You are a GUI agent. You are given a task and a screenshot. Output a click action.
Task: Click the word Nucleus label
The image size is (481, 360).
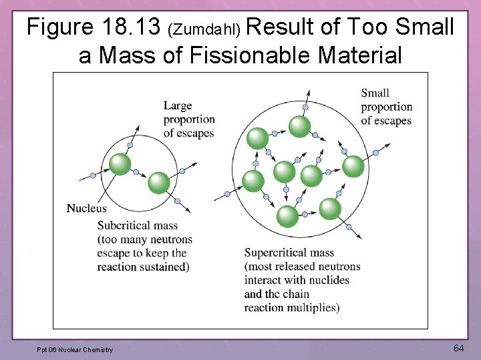click(86, 208)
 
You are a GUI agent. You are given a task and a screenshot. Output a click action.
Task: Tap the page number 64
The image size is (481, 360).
click(459, 348)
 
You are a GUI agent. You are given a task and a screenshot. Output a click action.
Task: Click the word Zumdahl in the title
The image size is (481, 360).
click(207, 29)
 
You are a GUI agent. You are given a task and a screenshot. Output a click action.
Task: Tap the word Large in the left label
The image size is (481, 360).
click(177, 105)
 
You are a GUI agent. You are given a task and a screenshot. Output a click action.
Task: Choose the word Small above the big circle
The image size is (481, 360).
click(375, 93)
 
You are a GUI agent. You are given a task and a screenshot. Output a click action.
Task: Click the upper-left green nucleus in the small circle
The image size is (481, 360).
click(120, 163)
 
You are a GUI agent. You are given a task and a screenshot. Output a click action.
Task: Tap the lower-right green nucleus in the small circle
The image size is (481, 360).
click(159, 182)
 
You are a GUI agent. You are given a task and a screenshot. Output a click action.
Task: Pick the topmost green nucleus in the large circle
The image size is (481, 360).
click(299, 126)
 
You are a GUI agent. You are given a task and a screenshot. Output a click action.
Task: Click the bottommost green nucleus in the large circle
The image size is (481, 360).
click(287, 216)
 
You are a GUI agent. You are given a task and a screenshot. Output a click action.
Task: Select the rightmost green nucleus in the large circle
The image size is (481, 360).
click(353, 166)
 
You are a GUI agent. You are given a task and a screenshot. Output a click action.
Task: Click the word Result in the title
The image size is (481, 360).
click(281, 27)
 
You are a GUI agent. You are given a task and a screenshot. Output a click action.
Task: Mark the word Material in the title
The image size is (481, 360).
click(361, 55)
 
